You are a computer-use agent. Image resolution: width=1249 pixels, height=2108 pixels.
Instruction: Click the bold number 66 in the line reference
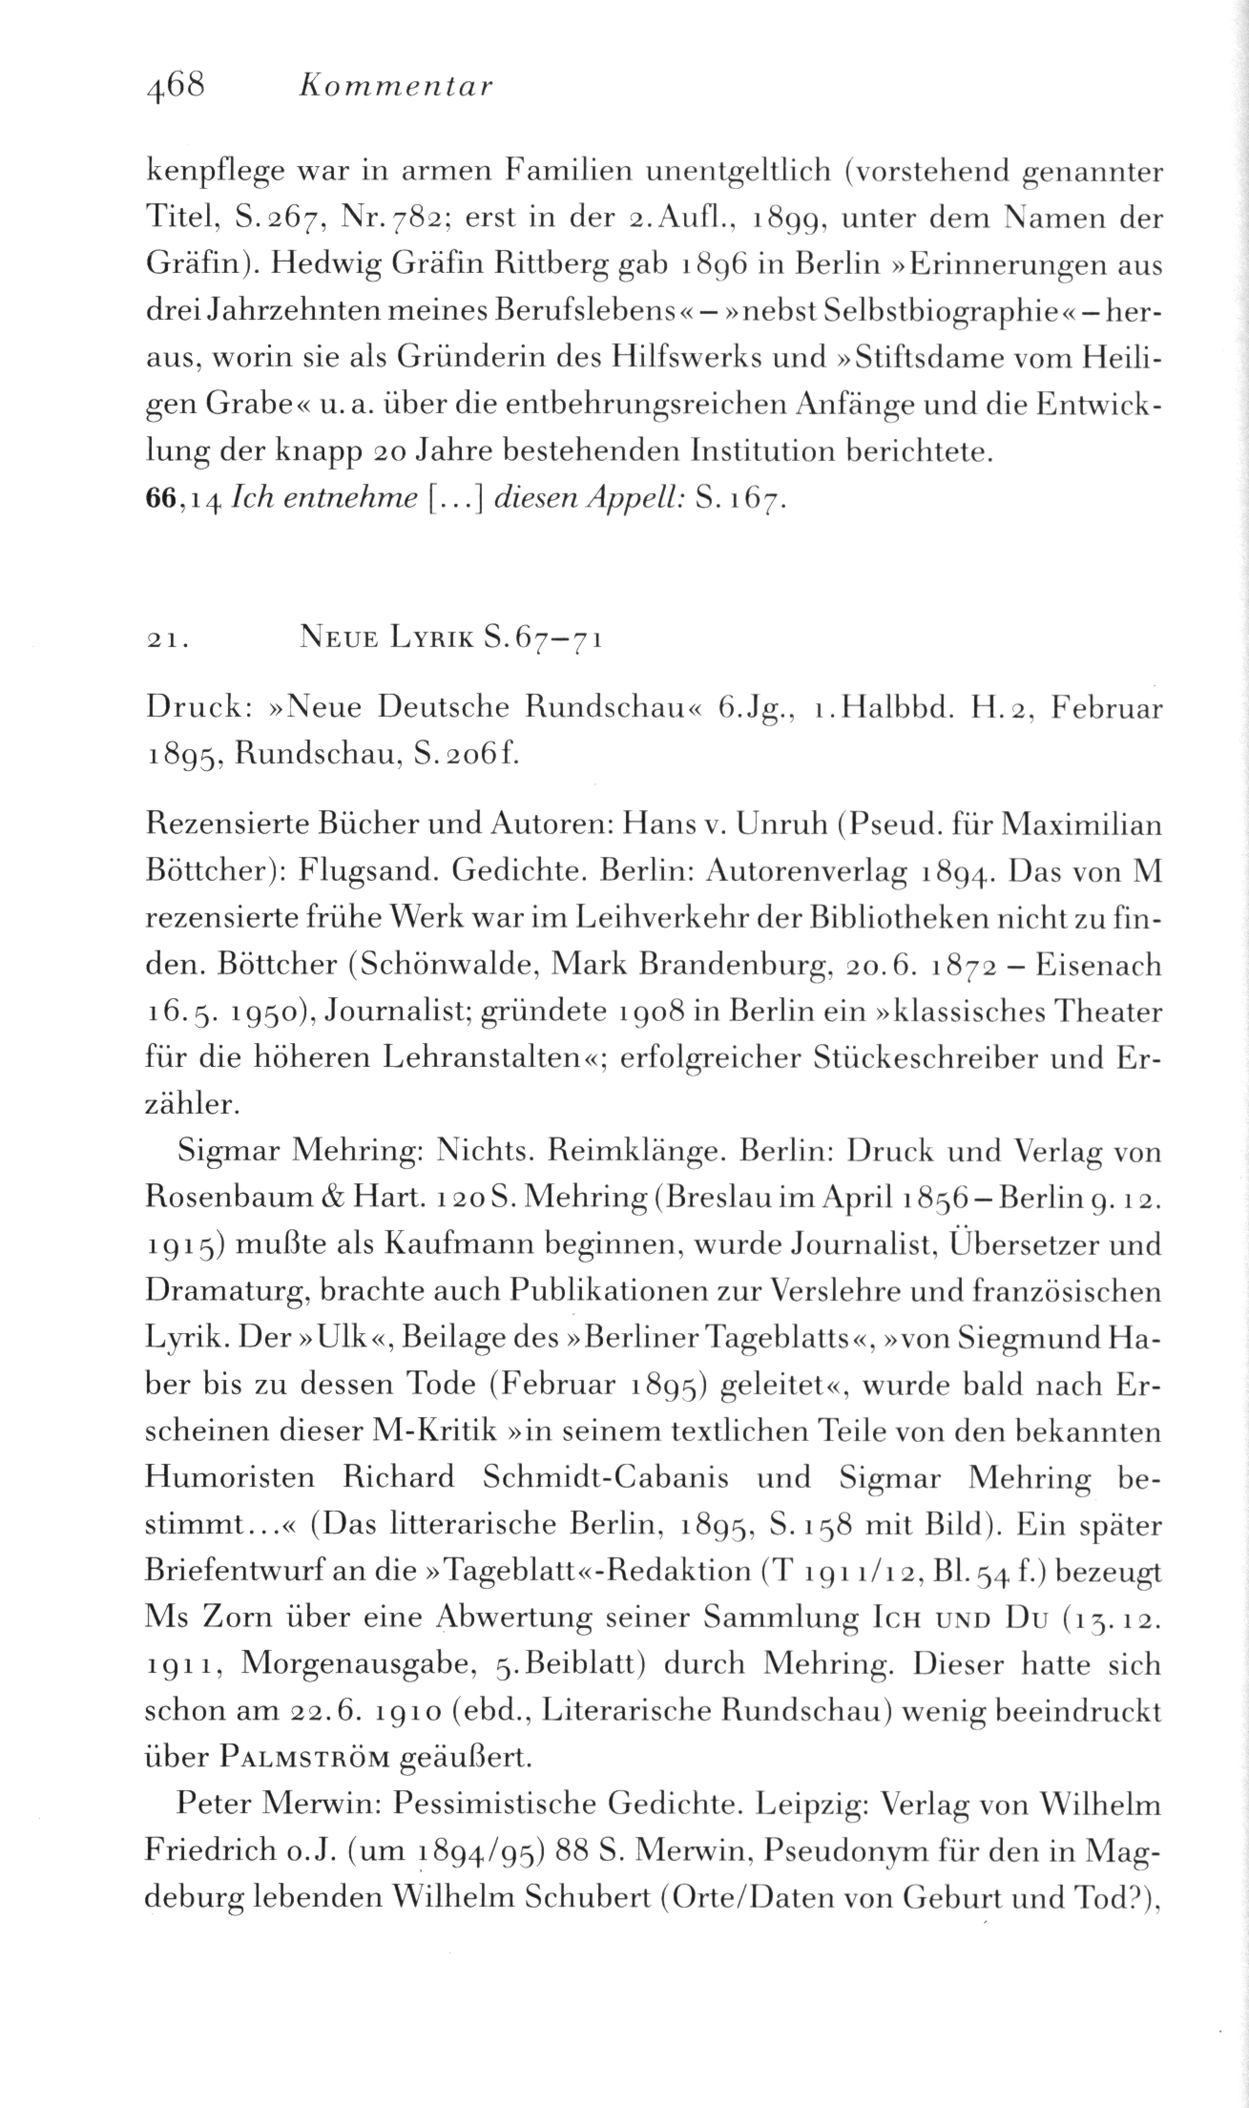159,497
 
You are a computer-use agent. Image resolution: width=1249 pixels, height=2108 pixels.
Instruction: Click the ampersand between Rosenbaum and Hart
347,1199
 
